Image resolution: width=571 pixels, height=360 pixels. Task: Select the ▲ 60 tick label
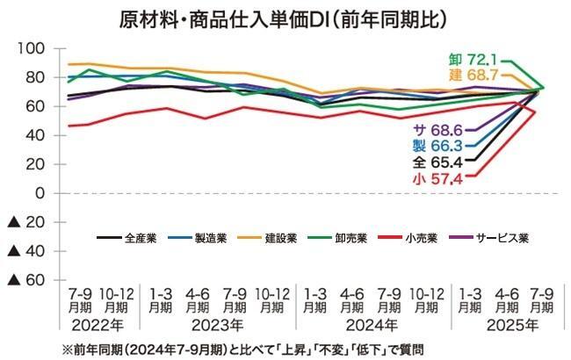27,280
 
